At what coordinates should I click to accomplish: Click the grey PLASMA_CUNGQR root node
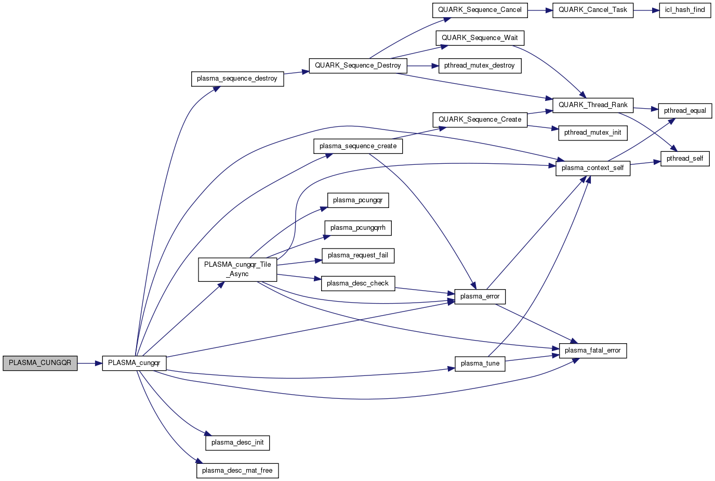pos(40,363)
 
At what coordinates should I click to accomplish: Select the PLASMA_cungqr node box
pos(134,363)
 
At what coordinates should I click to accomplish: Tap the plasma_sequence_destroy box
pos(237,79)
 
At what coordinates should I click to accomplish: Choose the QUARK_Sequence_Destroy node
pos(358,66)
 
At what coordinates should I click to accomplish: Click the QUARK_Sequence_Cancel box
pos(480,10)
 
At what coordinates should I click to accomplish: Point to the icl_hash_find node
pos(684,10)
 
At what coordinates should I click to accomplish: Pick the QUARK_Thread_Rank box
pos(593,105)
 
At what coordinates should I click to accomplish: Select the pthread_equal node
pos(685,111)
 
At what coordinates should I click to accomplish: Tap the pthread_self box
pos(684,159)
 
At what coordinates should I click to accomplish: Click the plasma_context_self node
pos(593,168)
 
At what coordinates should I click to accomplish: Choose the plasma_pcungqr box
pos(357,200)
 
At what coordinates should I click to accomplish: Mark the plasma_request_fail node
pos(358,255)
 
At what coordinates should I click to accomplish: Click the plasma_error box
pos(480,296)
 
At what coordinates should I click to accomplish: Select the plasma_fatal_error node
pos(593,350)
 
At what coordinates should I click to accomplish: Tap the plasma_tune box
pos(480,363)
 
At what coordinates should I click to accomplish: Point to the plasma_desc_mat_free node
pos(237,471)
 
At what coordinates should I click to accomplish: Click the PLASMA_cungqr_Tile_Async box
pos(237,269)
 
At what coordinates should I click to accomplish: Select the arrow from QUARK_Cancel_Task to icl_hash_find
pos(646,10)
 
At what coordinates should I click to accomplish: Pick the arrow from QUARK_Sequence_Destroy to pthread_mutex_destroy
pos(422,66)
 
